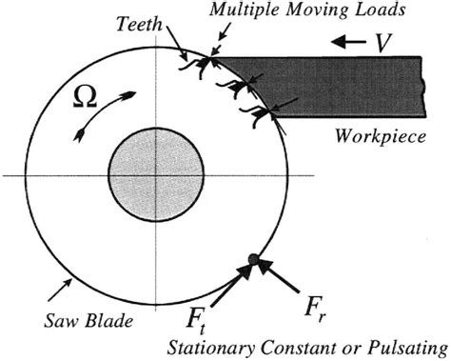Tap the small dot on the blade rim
[251, 258]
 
